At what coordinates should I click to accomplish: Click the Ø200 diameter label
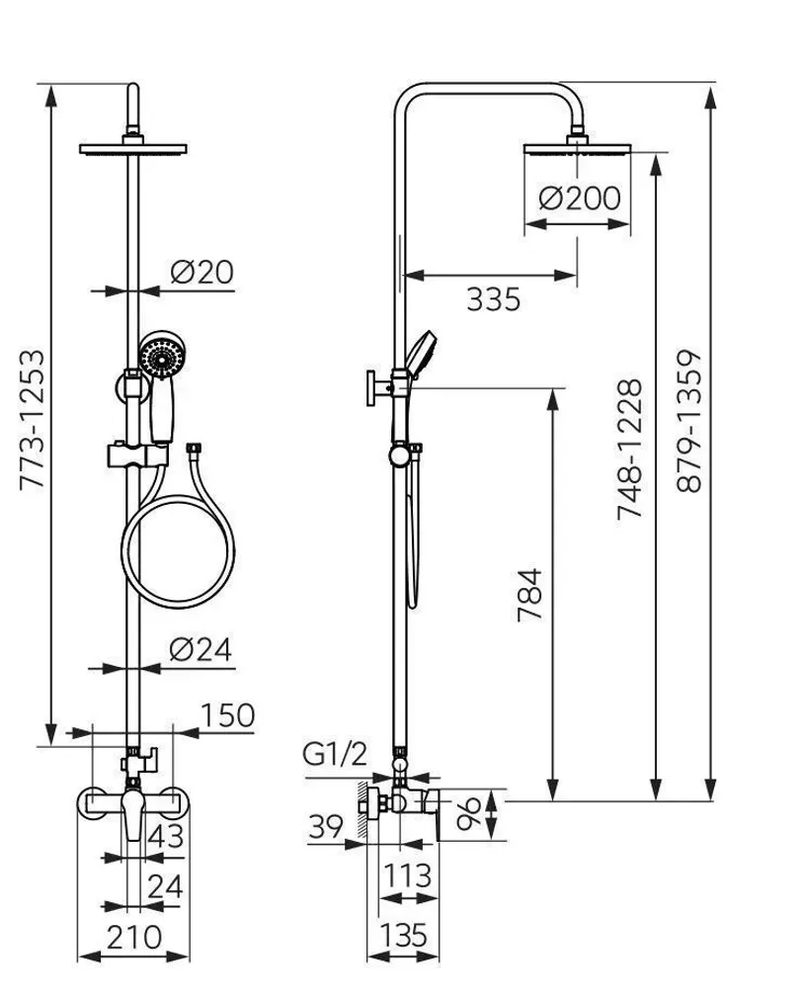coord(580,198)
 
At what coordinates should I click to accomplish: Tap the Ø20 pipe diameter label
coord(201,272)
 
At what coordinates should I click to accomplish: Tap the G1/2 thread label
coord(336,756)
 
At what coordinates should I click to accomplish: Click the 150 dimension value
coord(227,714)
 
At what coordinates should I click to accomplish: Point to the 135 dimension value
coord(403,934)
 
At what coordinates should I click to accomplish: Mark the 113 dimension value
coord(407,875)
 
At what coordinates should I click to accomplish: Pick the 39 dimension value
coord(327,825)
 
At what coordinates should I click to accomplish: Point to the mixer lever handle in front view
coord(130,818)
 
